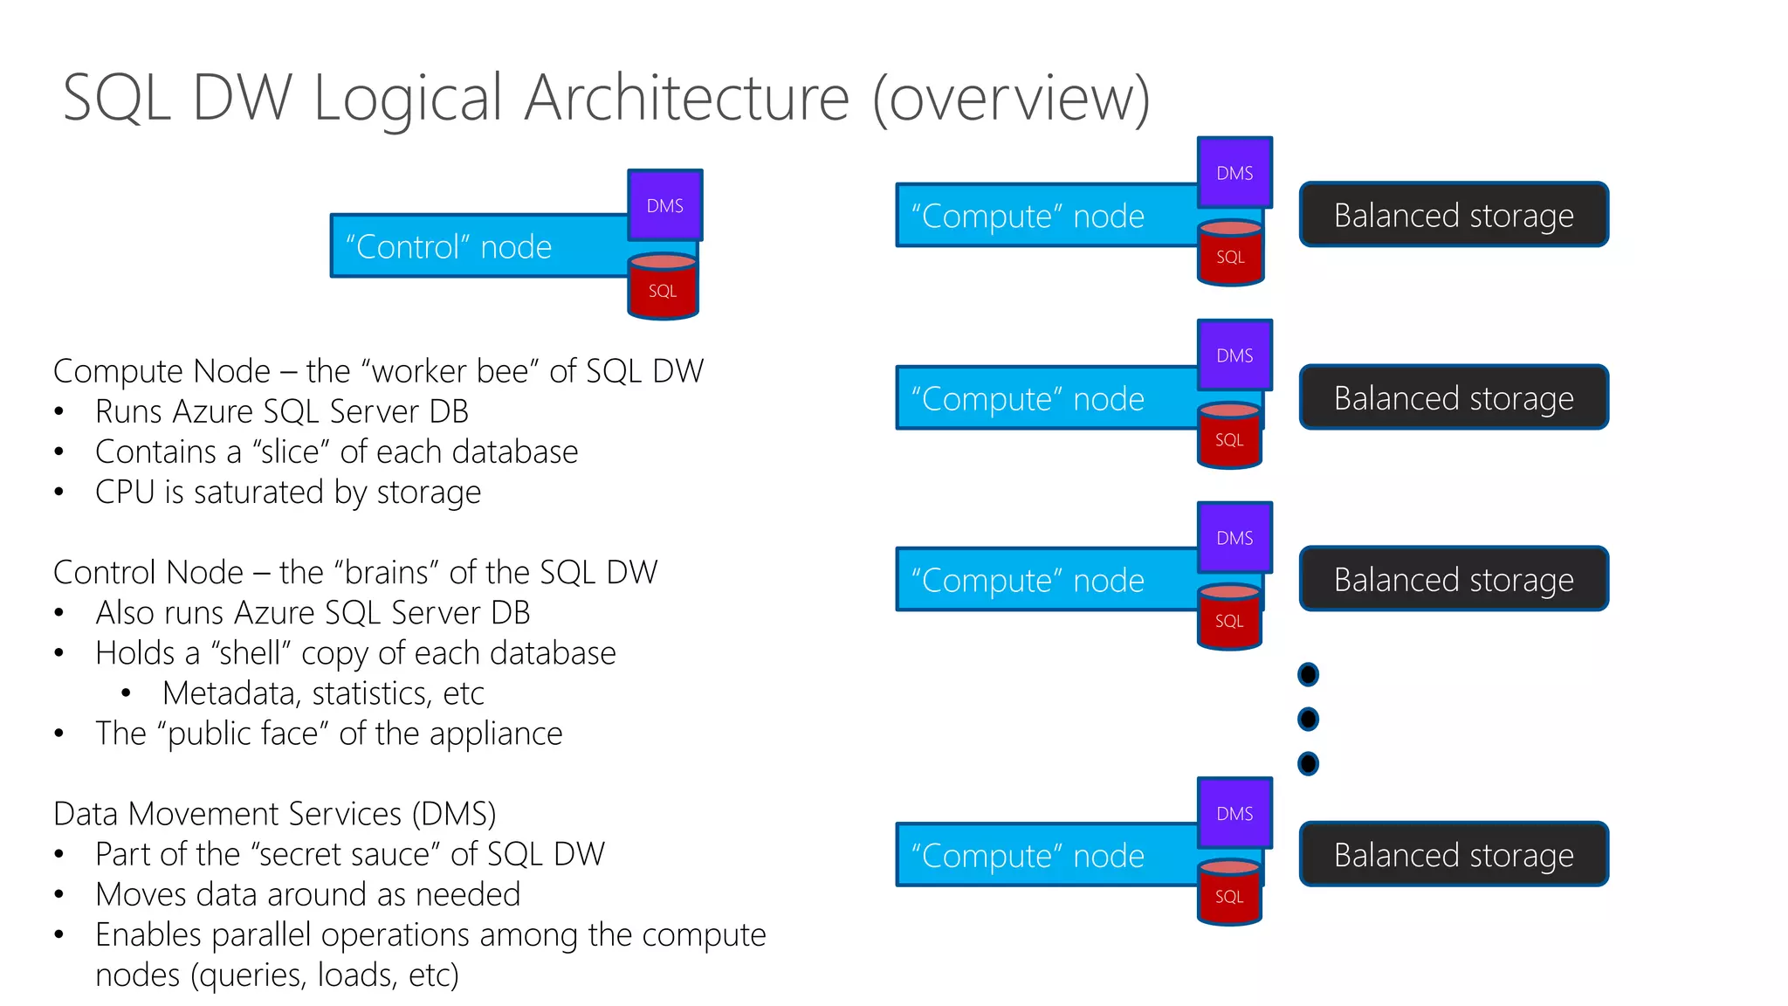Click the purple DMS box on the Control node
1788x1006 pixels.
coord(665,205)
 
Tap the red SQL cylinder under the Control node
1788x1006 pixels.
coord(663,288)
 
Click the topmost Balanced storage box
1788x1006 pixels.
coord(1454,215)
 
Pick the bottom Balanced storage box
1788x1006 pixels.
coord(1454,855)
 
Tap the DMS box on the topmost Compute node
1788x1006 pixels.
coord(1234,173)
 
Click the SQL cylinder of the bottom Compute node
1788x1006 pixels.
coord(1229,893)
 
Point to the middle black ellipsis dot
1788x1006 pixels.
coord(1308,719)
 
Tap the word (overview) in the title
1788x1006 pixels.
coord(1011,98)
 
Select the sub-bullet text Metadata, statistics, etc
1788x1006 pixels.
coord(323,693)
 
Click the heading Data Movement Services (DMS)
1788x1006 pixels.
coord(274,814)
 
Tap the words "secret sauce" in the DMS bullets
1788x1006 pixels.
coord(345,854)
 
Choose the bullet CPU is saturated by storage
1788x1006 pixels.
coord(288,493)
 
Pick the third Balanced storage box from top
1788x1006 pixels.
coord(1454,580)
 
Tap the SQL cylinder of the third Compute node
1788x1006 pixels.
coord(1229,618)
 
